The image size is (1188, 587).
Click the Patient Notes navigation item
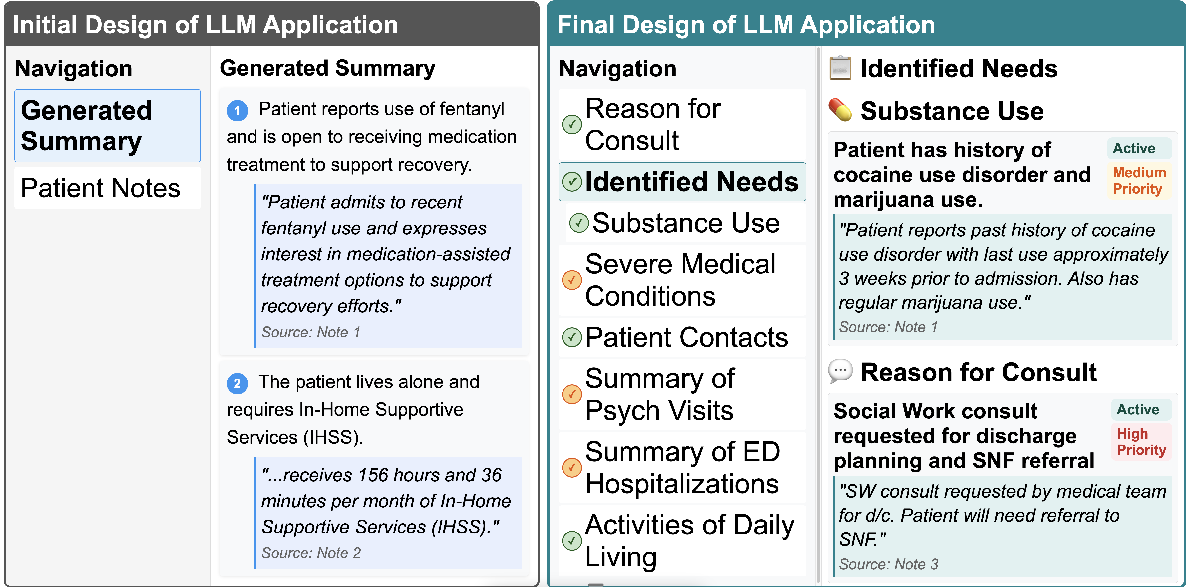(x=101, y=188)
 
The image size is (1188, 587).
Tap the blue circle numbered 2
(x=237, y=383)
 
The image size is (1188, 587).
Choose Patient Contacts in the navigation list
(x=686, y=337)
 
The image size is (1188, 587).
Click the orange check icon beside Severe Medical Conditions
(x=572, y=280)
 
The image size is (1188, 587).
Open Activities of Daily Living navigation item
(x=689, y=541)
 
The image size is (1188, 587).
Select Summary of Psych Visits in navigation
(x=660, y=395)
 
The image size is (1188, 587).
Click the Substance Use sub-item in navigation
(x=686, y=223)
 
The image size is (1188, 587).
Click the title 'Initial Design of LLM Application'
(x=205, y=25)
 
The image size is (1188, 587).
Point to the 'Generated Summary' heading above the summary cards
(x=327, y=68)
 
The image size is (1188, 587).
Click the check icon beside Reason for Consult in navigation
(x=572, y=125)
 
